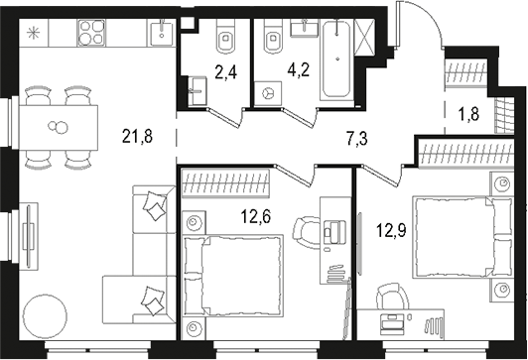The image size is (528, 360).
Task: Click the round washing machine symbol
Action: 268,91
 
